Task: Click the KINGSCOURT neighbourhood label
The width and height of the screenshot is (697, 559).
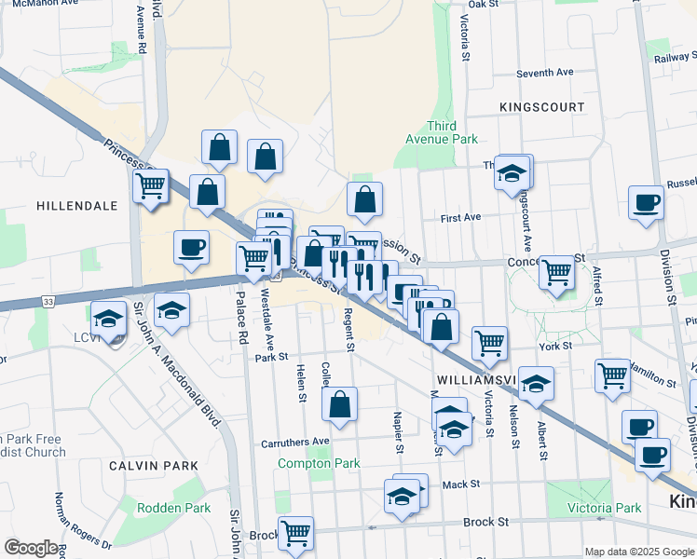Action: [541, 107]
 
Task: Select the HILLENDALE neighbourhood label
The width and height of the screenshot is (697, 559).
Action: [76, 205]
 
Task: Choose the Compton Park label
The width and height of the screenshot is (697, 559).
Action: [319, 463]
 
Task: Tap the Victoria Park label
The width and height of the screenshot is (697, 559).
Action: [605, 508]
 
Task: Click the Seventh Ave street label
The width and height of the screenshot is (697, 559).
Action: [545, 73]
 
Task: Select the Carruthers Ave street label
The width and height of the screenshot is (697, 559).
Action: [295, 441]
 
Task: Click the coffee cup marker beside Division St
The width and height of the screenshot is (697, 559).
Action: [646, 202]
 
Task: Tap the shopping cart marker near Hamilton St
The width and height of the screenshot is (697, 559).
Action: [612, 375]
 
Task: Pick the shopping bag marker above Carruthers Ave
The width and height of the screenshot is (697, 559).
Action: [339, 404]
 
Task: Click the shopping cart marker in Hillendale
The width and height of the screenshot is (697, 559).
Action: [150, 186]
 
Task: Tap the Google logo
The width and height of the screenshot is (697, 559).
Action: [30, 548]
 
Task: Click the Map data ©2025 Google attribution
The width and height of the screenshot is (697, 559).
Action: [638, 552]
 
